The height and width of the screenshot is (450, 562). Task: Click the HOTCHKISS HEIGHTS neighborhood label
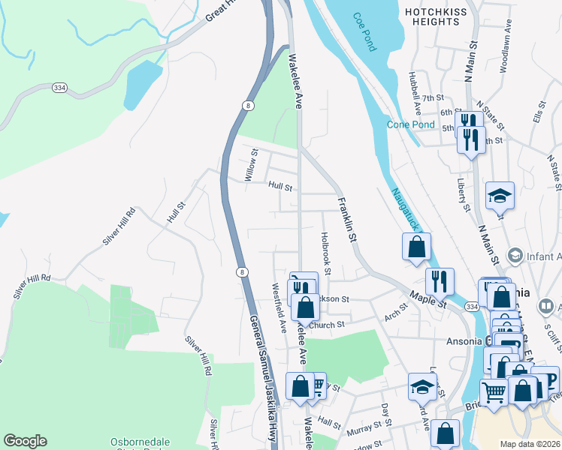tap(442, 16)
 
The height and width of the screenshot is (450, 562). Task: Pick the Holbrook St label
tap(327, 250)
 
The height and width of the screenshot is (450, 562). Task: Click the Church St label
tap(326, 325)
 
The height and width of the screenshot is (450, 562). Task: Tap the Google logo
tap(25, 441)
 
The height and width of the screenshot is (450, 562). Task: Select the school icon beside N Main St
tap(500, 195)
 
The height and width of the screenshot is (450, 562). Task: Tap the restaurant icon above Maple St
tap(440, 281)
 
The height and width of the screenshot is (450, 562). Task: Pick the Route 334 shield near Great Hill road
tap(59, 88)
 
